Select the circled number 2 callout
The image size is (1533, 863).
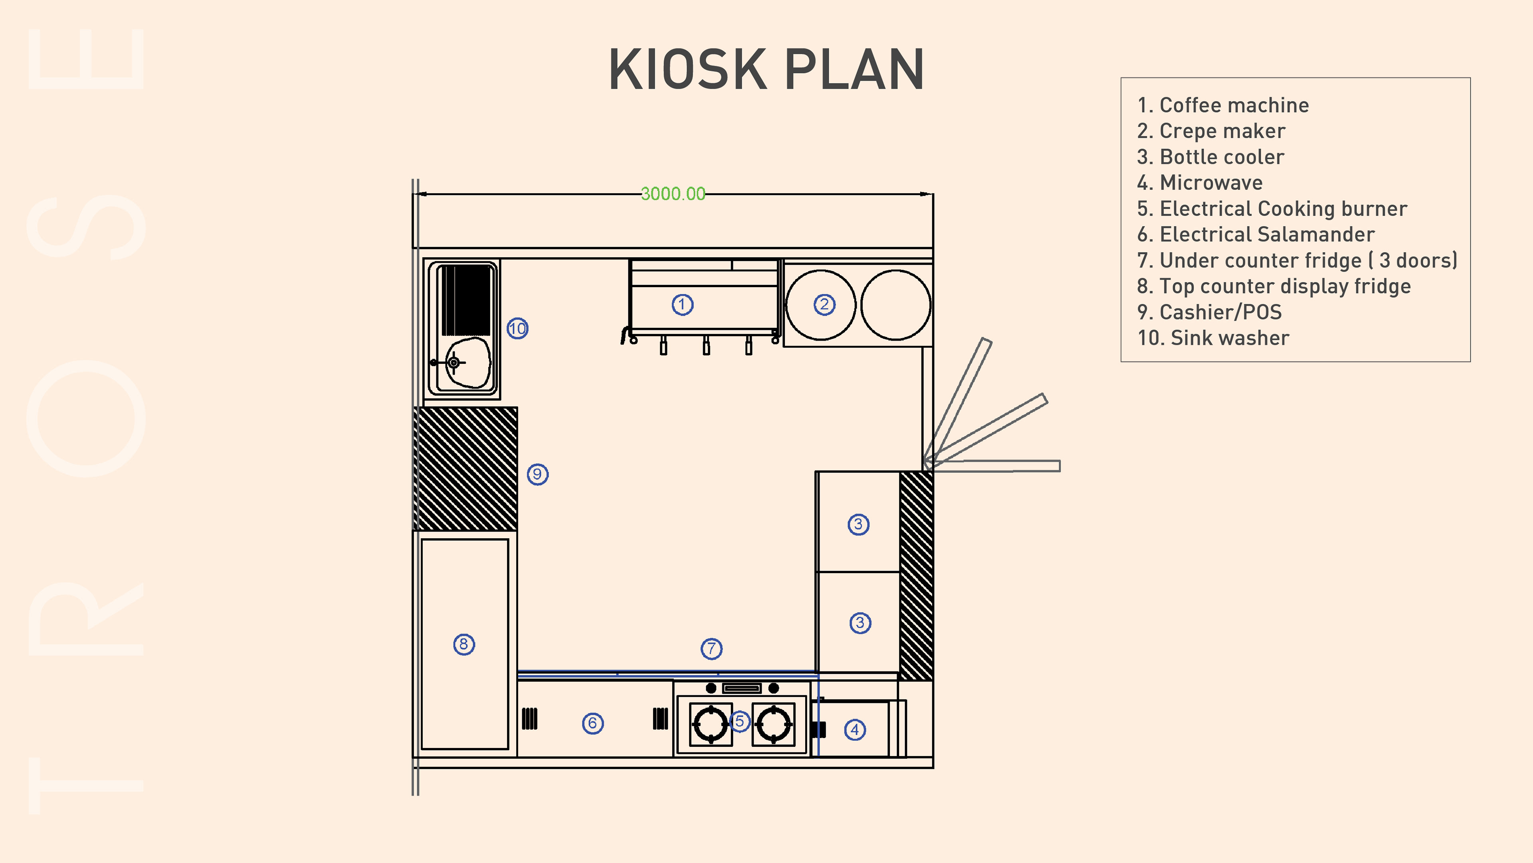click(x=824, y=305)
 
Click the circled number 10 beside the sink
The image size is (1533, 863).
click(x=517, y=329)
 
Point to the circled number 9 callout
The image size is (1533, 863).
click(x=537, y=474)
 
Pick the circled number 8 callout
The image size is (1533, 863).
click(x=463, y=644)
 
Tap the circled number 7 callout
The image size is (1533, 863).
click(x=711, y=649)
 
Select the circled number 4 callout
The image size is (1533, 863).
click(x=855, y=729)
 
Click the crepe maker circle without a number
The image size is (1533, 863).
click(x=895, y=305)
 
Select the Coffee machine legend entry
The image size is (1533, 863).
click(x=1222, y=105)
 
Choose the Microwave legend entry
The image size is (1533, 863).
click(x=1199, y=183)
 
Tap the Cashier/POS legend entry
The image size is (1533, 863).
click(x=1209, y=312)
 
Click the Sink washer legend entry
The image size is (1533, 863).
click(x=1213, y=338)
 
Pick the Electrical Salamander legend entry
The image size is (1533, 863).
click(x=1255, y=234)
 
